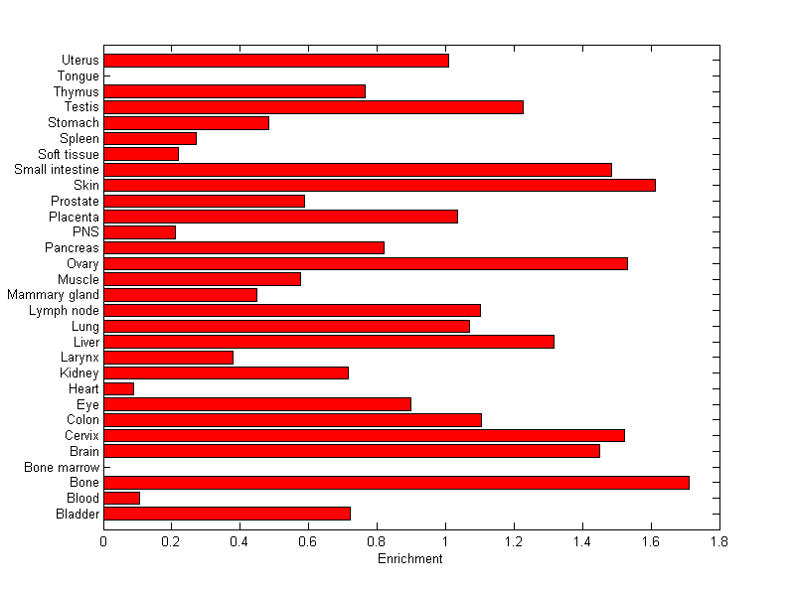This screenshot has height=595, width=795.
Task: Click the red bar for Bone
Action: [397, 483]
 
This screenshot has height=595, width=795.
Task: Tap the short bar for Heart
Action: [118, 388]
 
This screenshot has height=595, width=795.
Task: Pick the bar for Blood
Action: [121, 498]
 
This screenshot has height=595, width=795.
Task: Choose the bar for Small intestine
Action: [358, 169]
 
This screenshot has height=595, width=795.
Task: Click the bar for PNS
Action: [139, 232]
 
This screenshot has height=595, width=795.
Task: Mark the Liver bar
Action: [329, 342]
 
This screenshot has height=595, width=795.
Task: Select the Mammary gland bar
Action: [180, 295]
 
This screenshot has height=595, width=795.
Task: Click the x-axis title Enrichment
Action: [409, 559]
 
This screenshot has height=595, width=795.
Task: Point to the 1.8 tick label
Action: [718, 542]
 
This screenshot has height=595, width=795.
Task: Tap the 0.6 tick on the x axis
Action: [308, 542]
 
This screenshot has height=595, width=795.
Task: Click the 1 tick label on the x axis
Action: [445, 542]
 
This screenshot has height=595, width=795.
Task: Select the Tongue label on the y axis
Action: [79, 75]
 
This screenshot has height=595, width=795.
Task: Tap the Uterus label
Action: [79, 61]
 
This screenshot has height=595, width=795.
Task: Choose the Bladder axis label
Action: [78, 514]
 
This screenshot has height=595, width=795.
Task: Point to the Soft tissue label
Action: [69, 154]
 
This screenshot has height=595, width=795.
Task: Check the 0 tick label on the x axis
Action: [103, 542]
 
